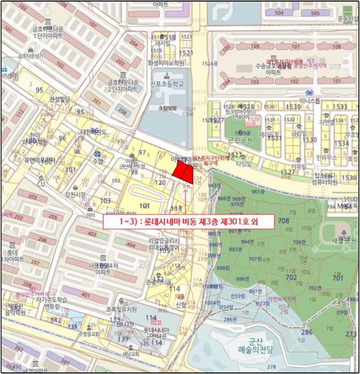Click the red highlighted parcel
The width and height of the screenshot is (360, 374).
tap(183, 173)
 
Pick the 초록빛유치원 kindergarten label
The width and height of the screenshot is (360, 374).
tap(121, 309)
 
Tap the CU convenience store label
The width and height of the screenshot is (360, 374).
tap(41, 184)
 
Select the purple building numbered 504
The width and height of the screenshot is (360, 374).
tap(279, 13)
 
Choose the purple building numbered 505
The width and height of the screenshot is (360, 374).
tap(315, 13)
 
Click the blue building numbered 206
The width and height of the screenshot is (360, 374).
tap(123, 112)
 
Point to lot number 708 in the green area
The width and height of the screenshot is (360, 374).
tap(283, 221)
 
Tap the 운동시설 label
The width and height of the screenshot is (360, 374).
tap(348, 18)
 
